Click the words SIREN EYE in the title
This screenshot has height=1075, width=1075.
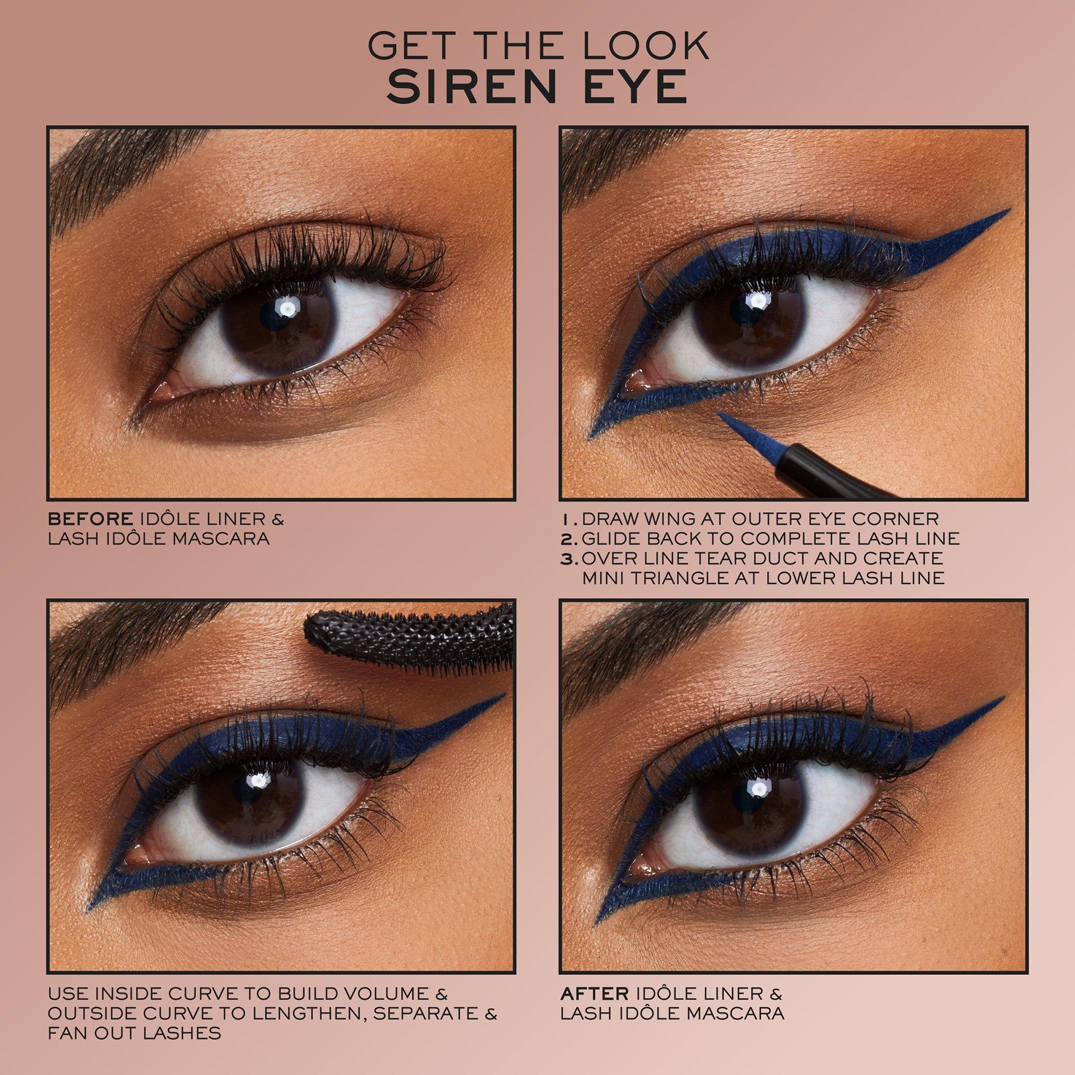(x=537, y=86)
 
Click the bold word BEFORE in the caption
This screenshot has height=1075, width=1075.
(x=91, y=519)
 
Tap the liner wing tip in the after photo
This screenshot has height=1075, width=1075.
(x=1001, y=698)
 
